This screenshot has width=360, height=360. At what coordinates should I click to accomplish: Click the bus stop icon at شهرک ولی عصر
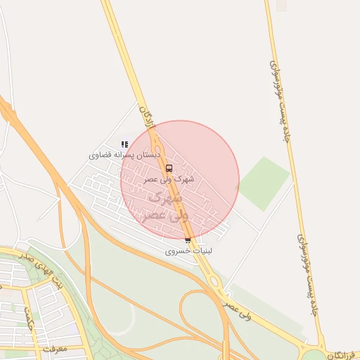point(169,168)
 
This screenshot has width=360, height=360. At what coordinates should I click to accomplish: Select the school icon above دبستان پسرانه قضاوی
point(124,144)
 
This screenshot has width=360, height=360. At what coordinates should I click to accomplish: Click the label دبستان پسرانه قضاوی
point(125,154)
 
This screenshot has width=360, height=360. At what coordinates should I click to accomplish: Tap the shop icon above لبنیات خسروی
point(187,240)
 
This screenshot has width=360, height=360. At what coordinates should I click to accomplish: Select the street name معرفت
point(53,347)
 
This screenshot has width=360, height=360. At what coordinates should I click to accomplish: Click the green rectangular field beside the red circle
point(263,182)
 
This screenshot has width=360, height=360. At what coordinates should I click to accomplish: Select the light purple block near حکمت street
point(73,328)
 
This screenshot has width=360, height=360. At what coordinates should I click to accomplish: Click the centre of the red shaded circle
point(180,179)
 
